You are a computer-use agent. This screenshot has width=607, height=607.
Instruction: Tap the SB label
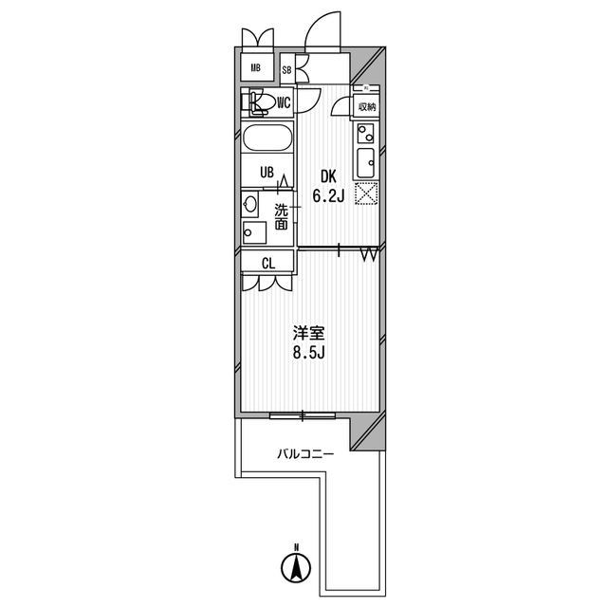(286, 70)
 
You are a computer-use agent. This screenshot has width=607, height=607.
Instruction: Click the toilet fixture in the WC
(255, 103)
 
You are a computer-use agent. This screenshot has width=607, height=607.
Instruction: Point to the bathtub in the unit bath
(267, 137)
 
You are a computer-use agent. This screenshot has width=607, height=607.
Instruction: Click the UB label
(267, 173)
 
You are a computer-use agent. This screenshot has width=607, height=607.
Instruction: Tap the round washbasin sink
(249, 204)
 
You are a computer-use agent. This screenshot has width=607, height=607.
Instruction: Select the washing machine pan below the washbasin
(254, 232)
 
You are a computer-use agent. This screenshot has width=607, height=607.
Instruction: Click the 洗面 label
(282, 217)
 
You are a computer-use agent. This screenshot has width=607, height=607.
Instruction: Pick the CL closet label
(268, 264)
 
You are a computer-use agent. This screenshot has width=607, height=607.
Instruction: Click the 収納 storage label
(367, 107)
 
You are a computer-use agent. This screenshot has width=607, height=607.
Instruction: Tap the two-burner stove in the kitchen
(365, 134)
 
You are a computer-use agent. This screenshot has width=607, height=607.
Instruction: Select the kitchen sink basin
(365, 163)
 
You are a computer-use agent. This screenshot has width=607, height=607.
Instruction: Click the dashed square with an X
(366, 193)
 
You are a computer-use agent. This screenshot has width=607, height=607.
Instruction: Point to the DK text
(329, 177)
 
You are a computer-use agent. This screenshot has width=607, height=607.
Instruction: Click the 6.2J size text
(328, 196)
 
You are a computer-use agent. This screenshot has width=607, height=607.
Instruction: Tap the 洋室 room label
(308, 333)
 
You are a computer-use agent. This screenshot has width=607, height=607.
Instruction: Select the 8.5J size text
(308, 352)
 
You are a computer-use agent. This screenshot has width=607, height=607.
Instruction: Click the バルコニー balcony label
(305, 453)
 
